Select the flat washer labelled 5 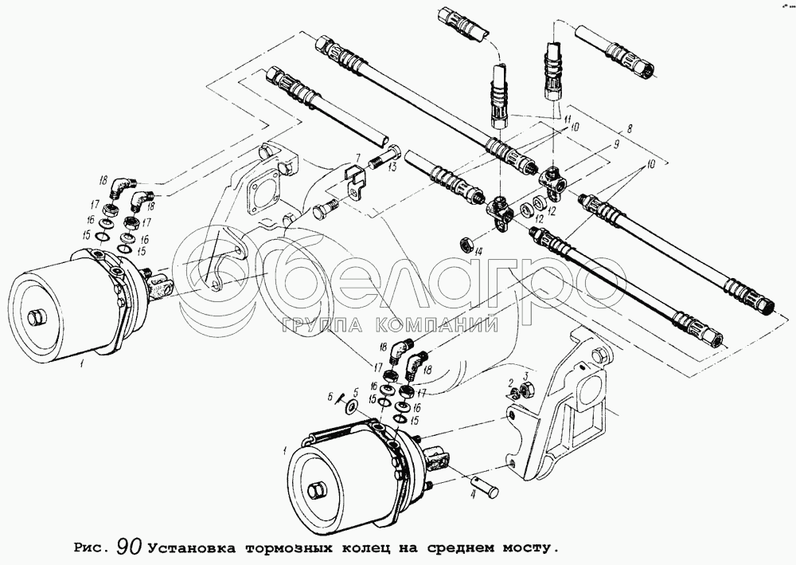349,406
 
